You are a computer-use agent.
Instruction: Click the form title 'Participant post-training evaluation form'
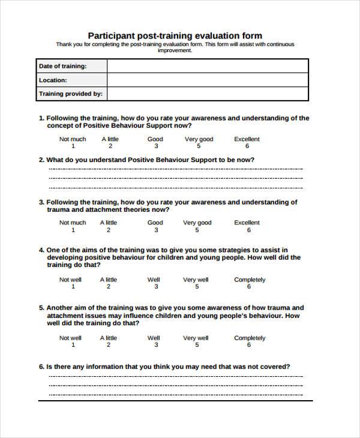point(175,35)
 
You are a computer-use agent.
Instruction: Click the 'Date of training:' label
point(62,66)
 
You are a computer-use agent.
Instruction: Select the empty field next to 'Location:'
point(208,80)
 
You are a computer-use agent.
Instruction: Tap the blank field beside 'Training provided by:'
point(208,94)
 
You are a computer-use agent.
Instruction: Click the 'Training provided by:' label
point(71,94)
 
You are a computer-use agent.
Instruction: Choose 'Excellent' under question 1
point(247,139)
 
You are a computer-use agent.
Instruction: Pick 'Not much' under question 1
point(73,139)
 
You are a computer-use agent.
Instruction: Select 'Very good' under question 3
point(198,223)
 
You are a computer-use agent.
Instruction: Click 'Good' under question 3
point(155,223)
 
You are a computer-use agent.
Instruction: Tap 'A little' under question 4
point(109,280)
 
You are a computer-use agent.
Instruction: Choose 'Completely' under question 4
point(250,280)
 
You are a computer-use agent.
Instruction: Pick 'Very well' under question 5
point(196,338)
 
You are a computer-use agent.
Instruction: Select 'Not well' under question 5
point(70,338)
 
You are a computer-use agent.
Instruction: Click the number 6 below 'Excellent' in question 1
point(247,146)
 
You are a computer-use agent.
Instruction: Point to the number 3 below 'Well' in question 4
point(155,287)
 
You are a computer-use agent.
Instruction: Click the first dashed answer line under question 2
point(175,170)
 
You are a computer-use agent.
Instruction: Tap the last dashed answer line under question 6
point(175,395)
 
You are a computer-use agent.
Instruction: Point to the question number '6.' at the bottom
point(41,366)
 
